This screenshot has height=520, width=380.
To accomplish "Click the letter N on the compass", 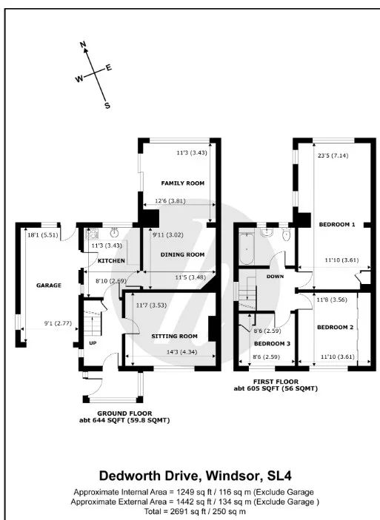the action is (83, 44).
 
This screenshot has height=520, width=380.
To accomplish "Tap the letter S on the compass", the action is (107, 106).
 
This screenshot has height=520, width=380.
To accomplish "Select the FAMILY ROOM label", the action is (183, 183).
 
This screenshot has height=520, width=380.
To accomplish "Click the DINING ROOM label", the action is (182, 254).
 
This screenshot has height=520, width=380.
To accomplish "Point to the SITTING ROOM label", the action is (174, 337).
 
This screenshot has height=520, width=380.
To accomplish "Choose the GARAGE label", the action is (49, 286).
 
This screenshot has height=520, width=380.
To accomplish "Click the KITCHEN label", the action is (111, 260).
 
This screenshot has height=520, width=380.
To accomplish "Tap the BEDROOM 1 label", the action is (337, 225).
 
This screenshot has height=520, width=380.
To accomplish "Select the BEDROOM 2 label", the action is (335, 328).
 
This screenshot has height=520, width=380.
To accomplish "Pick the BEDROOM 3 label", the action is (272, 343).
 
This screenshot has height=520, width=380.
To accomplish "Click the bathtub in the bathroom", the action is (247, 249).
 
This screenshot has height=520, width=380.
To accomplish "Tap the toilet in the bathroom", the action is (286, 234).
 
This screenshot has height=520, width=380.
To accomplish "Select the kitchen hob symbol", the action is (91, 234).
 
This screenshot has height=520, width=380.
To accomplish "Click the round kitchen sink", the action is (115, 233).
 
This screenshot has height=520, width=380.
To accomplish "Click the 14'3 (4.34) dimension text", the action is (181, 352).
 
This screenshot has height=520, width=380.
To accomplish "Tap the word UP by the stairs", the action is (93, 343).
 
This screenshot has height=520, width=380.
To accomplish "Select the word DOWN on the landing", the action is (275, 276).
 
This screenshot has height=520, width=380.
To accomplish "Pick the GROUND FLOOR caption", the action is (124, 413).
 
